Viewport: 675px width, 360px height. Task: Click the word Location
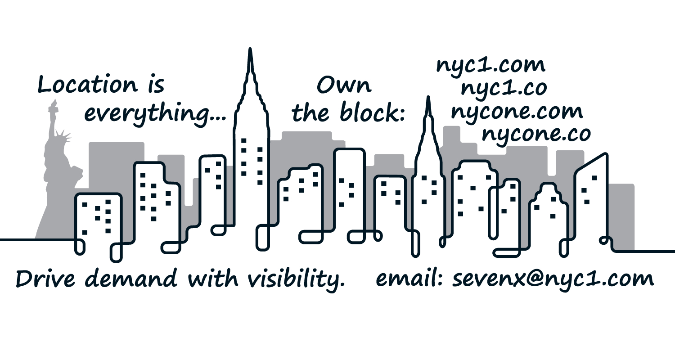point(87,85)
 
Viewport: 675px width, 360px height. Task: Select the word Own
point(344,85)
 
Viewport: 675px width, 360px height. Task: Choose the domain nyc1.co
point(504,89)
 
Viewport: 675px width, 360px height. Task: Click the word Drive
point(45,279)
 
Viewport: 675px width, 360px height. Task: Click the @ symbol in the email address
point(517,279)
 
